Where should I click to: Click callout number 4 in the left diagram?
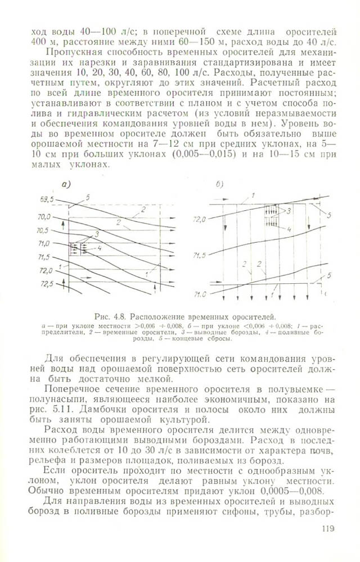point(99,247)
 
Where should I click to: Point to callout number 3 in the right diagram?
point(289,212)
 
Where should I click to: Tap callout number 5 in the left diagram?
point(88,197)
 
